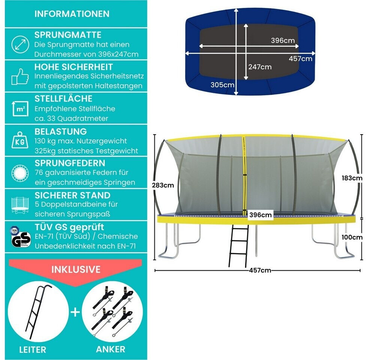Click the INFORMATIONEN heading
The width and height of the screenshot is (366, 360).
(x=72, y=14)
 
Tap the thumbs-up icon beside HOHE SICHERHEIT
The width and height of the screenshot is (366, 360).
(x=20, y=76)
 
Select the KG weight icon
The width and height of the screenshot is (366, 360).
(x=20, y=140)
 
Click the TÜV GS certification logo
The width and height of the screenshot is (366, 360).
(x=20, y=237)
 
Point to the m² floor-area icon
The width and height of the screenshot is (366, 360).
(x=20, y=108)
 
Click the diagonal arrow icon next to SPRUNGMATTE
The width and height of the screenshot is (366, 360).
(x=20, y=44)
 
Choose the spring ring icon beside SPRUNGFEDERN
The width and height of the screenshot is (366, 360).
(x=20, y=173)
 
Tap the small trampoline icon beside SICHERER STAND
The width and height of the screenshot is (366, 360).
(x=20, y=205)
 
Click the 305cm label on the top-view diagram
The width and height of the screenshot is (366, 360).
(x=222, y=85)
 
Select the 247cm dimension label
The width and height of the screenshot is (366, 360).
(x=260, y=67)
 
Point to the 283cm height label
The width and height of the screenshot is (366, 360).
(x=163, y=185)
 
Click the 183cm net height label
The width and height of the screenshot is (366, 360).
(x=352, y=178)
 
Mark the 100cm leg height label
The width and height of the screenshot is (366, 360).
(x=352, y=237)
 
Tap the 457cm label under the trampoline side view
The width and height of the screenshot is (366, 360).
(x=260, y=270)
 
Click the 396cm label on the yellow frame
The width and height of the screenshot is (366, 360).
(x=260, y=215)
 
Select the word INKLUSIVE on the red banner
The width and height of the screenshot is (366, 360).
(x=76, y=269)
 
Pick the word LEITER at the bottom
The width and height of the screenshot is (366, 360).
(x=33, y=350)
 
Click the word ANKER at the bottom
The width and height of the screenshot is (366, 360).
(x=111, y=349)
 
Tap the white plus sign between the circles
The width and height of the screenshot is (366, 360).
(x=75, y=312)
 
